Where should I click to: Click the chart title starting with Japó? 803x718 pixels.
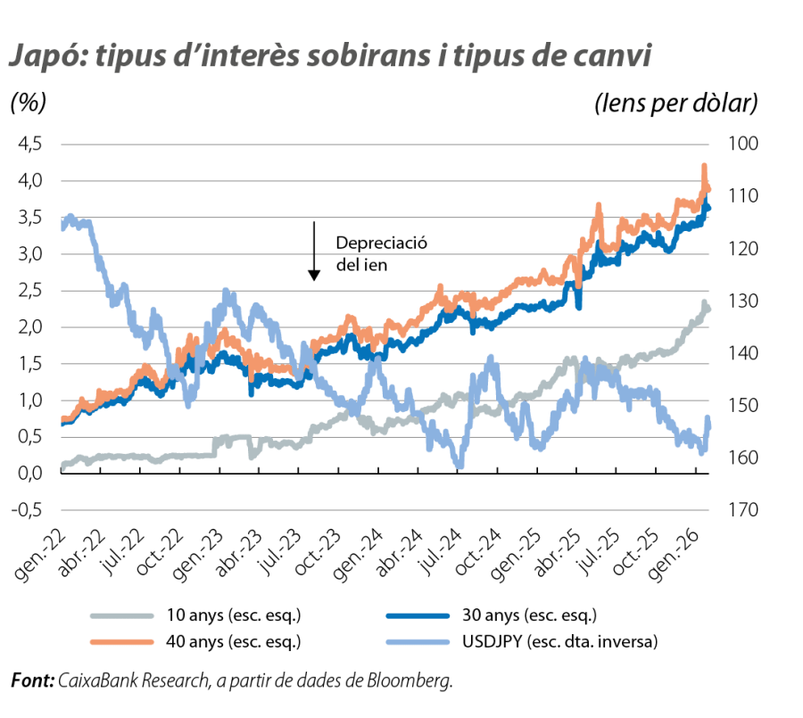point(327,56)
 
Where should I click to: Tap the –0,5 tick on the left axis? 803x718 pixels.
point(27,510)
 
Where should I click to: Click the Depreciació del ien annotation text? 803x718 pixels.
point(369,253)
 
